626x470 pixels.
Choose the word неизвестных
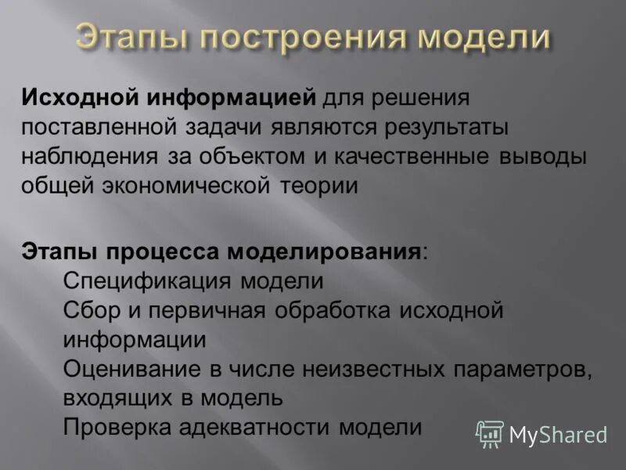point(344,368)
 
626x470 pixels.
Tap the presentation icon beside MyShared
point(490,433)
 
